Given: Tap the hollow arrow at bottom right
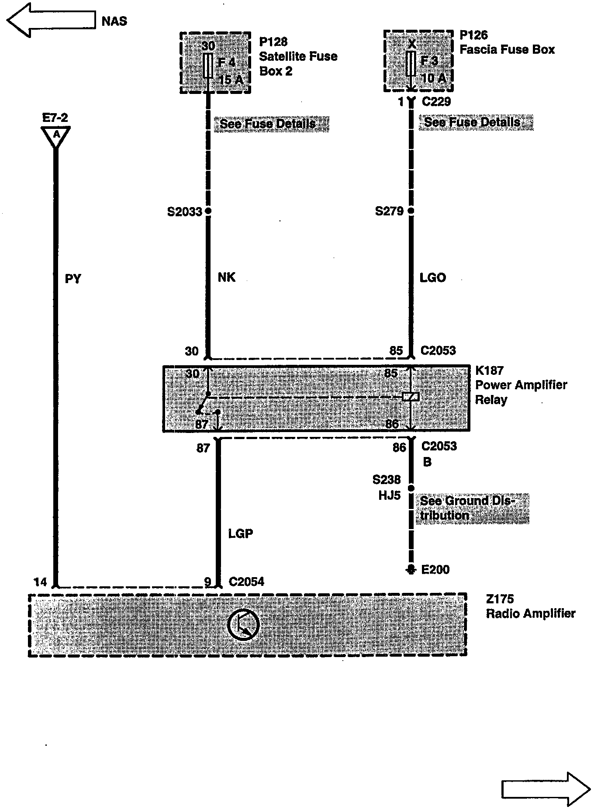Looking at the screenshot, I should [x=546, y=789].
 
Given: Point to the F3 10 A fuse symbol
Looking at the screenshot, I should [x=411, y=63].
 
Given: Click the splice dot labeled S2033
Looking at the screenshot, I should [x=208, y=211].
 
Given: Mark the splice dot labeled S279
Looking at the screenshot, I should [x=411, y=211].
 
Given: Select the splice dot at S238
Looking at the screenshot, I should [x=411, y=488].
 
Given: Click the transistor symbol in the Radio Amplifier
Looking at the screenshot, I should [x=243, y=624].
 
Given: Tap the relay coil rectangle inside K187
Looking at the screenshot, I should [x=411, y=397].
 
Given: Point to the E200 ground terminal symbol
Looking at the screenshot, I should [x=411, y=569].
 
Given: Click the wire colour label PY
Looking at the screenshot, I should [x=73, y=279].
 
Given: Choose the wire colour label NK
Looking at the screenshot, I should [x=226, y=277].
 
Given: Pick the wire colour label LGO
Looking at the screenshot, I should [x=432, y=277].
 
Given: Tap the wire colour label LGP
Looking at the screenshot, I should [x=240, y=533].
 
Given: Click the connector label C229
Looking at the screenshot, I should [x=436, y=102].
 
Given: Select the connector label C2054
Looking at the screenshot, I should [x=246, y=582].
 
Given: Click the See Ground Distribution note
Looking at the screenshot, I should [x=472, y=508].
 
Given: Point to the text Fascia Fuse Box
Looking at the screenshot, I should [x=507, y=49].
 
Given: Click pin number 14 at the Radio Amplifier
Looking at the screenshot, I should [x=40, y=582].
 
